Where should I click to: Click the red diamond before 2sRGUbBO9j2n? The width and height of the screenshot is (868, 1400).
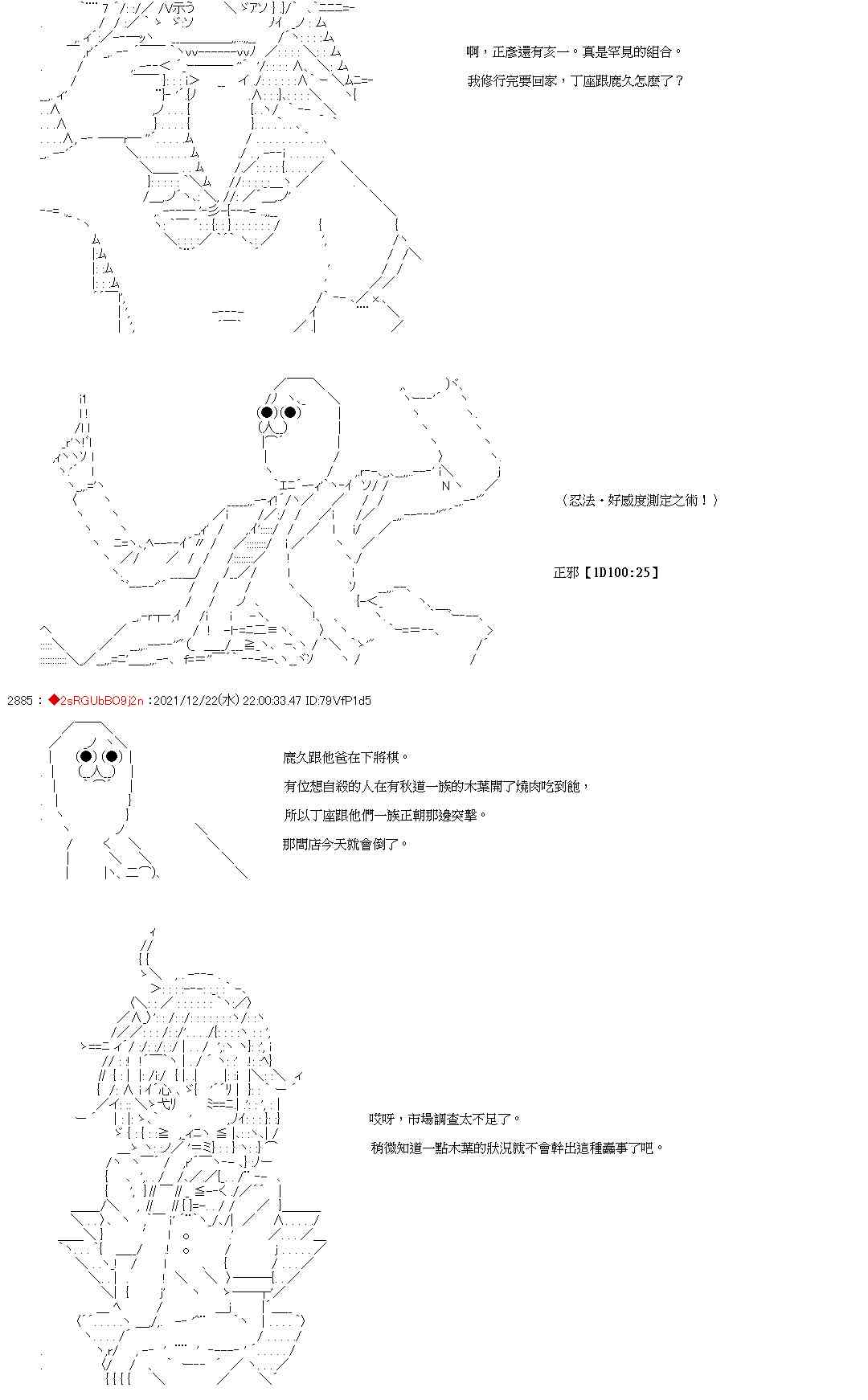tap(54, 700)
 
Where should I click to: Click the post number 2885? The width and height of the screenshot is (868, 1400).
tap(18, 700)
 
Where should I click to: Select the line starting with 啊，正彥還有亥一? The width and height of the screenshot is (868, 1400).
tap(574, 51)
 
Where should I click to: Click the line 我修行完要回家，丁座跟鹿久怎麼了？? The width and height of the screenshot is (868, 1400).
tap(575, 80)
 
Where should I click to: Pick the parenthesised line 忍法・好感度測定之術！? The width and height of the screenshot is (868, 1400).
tap(639, 500)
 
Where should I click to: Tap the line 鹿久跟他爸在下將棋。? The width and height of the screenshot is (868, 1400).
tap(346, 757)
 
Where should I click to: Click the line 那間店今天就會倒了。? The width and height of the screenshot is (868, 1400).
tap(346, 844)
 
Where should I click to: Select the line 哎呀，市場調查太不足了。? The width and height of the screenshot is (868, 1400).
tap(444, 1119)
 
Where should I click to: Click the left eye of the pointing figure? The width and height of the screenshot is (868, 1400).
tap(266, 413)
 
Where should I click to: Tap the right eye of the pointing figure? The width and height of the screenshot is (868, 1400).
tap(290, 413)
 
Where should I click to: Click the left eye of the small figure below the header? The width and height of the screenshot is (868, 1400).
tap(86, 755)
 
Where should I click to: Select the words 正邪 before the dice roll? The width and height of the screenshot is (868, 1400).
tap(566, 572)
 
